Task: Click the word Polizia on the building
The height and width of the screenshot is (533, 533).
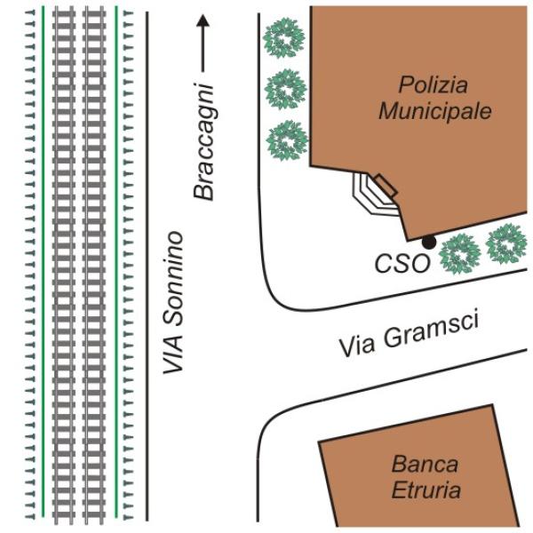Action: [433, 85]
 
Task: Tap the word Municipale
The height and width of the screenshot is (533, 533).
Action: [434, 111]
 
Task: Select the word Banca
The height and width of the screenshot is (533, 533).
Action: [425, 464]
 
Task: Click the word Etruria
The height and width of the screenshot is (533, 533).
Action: [426, 489]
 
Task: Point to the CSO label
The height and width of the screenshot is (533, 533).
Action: [402, 264]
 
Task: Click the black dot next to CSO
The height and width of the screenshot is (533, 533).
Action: [429, 242]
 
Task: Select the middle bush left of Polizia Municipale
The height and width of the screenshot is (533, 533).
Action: [286, 89]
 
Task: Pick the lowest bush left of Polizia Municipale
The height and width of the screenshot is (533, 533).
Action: [286, 139]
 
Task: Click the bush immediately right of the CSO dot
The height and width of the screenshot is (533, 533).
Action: [460, 252]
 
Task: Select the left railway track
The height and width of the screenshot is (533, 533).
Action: [64, 266]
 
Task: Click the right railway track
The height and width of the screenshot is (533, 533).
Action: [94, 266]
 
